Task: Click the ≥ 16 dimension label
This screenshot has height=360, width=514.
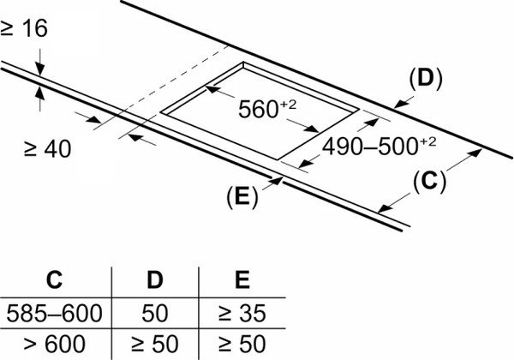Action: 24,28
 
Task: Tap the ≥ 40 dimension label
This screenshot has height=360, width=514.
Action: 47,149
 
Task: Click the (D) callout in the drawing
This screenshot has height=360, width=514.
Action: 426,79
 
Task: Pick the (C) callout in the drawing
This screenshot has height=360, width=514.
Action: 429,182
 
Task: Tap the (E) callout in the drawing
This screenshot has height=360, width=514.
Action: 242,197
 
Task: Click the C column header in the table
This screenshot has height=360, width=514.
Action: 55,279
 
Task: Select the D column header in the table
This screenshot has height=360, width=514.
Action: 155,279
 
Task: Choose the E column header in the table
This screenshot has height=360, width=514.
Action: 242,279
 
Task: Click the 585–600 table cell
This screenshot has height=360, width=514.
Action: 55,313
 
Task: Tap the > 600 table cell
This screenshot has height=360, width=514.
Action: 55,344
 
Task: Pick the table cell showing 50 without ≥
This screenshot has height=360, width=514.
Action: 155,313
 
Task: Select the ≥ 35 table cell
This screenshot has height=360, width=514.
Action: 242,313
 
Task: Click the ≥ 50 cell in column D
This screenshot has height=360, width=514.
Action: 155,344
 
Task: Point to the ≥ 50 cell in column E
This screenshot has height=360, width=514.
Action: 242,344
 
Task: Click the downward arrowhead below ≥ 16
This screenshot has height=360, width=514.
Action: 40,69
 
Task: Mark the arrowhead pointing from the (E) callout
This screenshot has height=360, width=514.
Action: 278,181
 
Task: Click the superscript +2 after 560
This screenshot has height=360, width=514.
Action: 289,105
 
